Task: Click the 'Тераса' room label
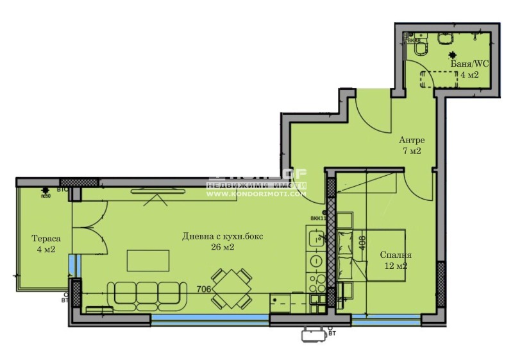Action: (x=44, y=238)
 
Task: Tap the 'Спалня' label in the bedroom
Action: (x=396, y=254)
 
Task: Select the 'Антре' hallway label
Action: (x=412, y=140)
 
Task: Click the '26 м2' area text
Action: (x=221, y=248)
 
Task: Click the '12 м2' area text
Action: (x=396, y=266)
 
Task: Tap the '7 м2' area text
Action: (x=412, y=151)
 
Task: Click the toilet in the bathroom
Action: (x=421, y=47)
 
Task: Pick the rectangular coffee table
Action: (x=148, y=261)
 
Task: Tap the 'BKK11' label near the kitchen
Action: (x=317, y=218)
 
